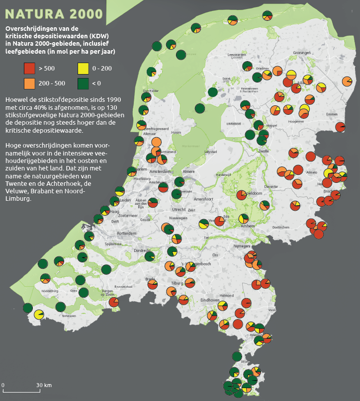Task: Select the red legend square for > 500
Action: (29, 69)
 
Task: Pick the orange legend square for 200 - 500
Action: (29, 82)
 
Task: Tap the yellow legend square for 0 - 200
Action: (84, 69)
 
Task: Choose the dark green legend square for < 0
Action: (84, 82)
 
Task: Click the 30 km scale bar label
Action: (44, 385)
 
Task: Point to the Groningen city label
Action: (302, 53)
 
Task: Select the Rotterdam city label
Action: (126, 233)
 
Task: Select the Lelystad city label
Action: (211, 152)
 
